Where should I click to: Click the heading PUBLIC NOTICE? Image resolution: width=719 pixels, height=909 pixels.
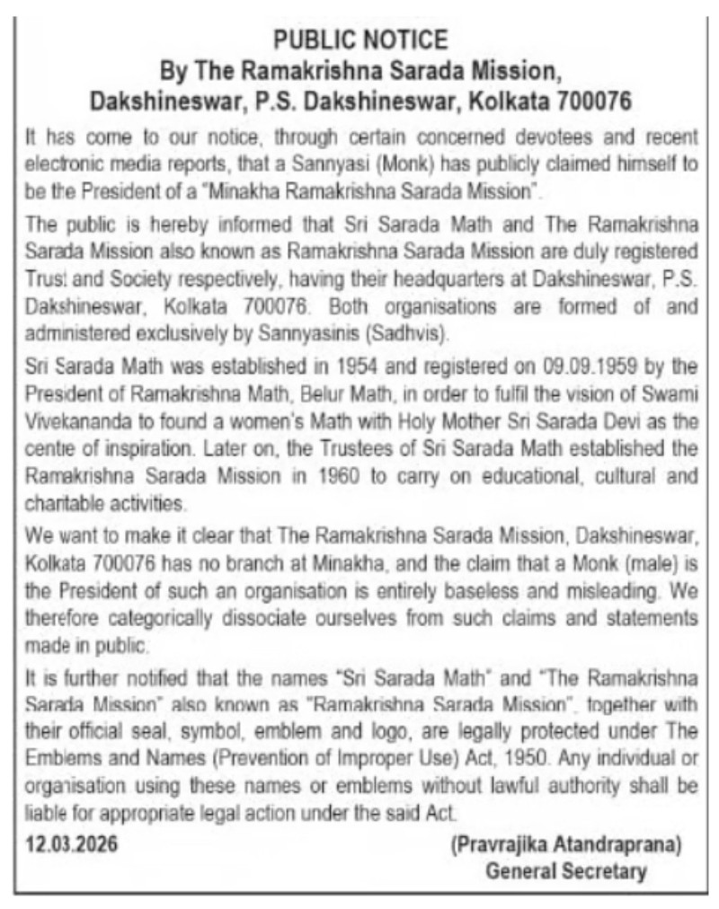click(x=360, y=40)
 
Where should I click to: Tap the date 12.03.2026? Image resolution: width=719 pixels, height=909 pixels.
click(x=69, y=844)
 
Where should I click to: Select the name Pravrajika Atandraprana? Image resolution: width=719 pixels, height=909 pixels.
click(x=565, y=845)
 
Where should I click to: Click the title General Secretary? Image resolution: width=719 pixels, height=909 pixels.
click(x=565, y=870)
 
